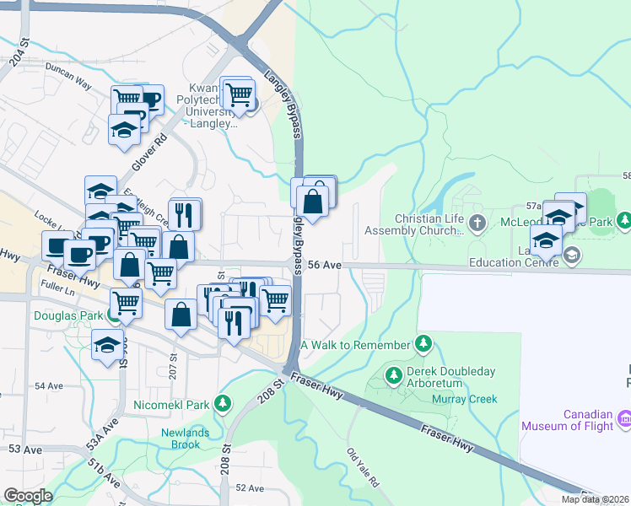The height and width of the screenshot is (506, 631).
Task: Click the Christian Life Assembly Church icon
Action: pos(477,223)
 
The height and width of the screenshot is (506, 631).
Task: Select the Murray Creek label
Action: pos(464,399)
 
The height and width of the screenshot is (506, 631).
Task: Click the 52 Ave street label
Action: pos(250,487)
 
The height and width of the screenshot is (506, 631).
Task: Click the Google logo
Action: pos(28,496)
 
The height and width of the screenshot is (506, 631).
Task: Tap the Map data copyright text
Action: pos(596,499)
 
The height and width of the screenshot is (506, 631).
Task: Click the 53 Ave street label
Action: pos(25,449)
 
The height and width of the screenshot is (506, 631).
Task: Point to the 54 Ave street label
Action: pos(49,385)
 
